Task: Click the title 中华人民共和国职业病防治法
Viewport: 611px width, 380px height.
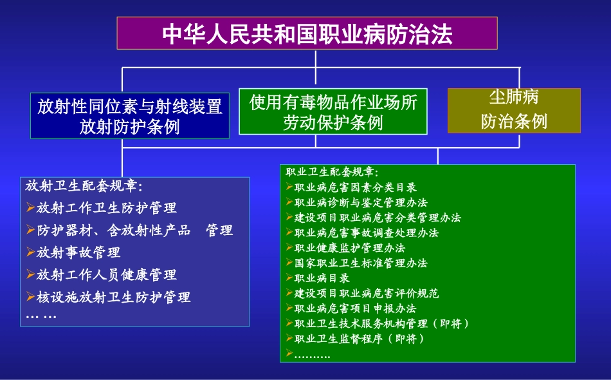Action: pos(307,33)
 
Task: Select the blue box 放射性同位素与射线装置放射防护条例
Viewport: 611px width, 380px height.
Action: pos(129,116)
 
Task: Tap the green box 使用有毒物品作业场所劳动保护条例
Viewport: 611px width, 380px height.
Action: pos(333,111)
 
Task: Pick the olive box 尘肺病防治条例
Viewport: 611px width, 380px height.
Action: pos(514,110)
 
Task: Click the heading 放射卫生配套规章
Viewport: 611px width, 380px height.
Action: pos(84,186)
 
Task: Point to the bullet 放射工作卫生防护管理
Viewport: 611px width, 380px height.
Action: pos(107,208)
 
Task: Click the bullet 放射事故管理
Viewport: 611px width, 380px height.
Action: pos(78,252)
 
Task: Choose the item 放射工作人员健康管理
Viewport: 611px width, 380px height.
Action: pos(107,275)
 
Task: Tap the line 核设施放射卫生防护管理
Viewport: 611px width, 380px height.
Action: pos(114,297)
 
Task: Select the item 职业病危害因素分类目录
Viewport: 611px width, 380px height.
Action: pos(356,187)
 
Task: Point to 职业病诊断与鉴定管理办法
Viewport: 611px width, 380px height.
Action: pos(361,202)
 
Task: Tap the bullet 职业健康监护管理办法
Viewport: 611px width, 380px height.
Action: pos(350,248)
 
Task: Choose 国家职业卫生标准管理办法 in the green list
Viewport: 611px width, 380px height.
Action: pos(361,263)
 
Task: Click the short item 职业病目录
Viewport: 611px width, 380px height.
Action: pos(322,278)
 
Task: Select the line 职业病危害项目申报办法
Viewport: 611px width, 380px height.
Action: pos(356,309)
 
